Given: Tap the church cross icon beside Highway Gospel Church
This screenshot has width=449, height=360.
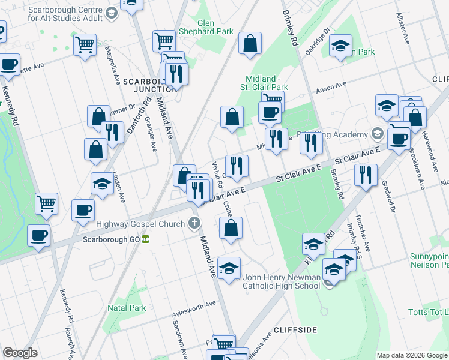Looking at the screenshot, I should pos(193,224).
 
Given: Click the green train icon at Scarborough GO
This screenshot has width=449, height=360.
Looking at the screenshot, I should pos(146,238).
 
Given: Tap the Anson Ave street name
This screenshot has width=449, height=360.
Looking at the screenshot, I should pos(332,88).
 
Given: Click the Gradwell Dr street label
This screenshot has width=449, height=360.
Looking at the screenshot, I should pos(387,199).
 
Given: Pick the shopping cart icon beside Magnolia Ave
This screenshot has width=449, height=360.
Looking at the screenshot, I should pos(85,44).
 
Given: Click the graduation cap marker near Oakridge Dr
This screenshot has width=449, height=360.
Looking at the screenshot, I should pos(340,46).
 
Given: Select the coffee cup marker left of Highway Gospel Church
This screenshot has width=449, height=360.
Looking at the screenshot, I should pos(83,211).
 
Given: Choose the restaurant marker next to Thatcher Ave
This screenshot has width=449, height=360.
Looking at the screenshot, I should pos(365,175).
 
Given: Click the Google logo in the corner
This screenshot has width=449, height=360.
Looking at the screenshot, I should pos(20,353).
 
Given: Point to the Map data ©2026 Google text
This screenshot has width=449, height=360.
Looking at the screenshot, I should pos(411,355).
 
